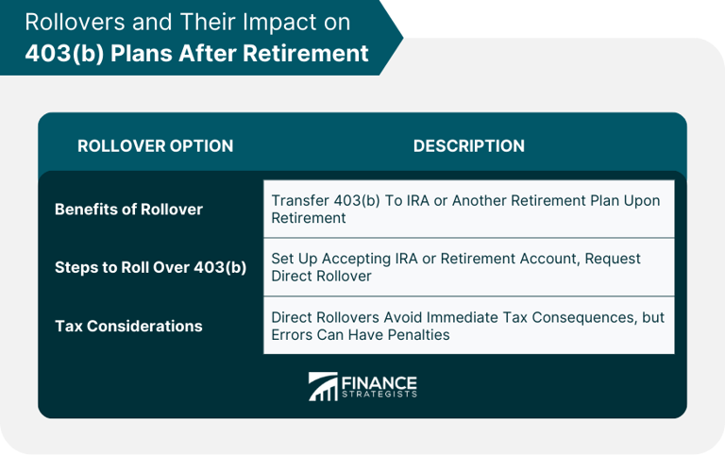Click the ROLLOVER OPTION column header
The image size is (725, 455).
tap(155, 146)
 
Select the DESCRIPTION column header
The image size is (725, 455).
tap(468, 146)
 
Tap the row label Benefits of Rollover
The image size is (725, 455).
tap(128, 210)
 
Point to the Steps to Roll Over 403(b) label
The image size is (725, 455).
tap(150, 267)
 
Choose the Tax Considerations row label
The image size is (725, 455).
tap(128, 326)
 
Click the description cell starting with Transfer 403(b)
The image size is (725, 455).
tap(468, 210)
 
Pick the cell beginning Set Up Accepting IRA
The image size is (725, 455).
tap(468, 267)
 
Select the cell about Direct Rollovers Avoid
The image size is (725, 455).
tap(468, 326)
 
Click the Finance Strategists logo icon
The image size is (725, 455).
tap(323, 387)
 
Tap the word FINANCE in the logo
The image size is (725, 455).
tap(379, 381)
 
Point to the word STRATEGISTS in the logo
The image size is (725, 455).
tap(379, 396)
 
